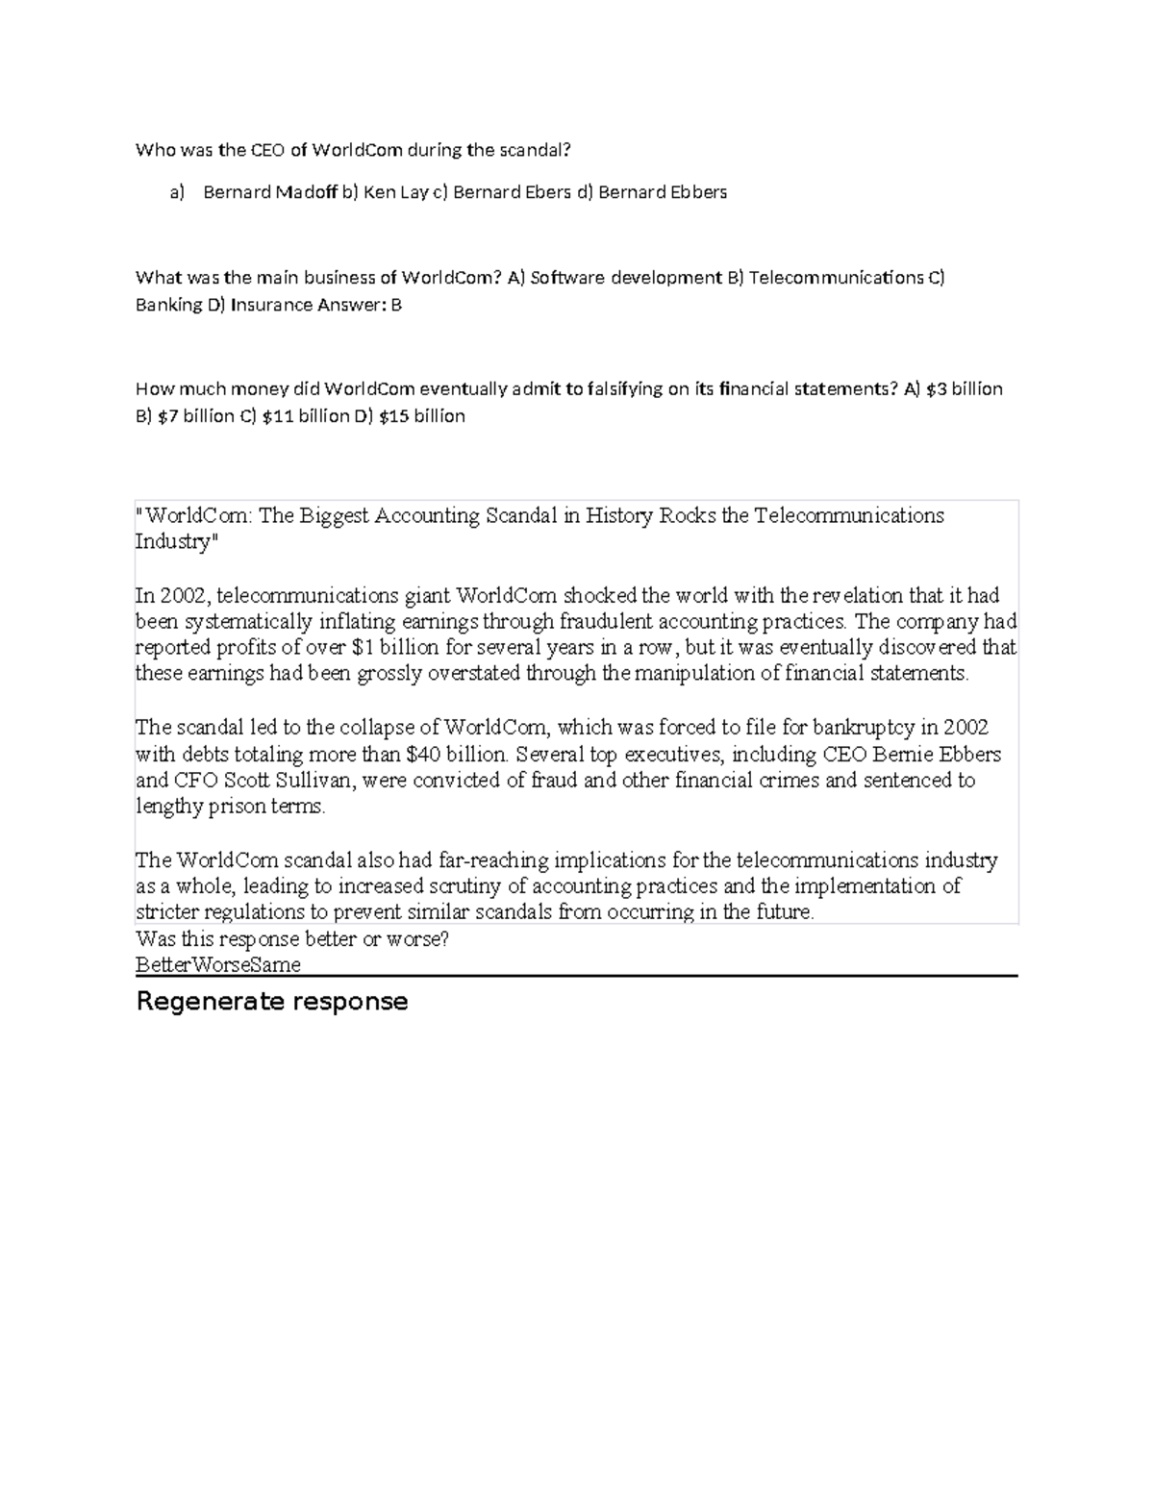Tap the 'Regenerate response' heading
tap(272, 1002)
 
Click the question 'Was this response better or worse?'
tap(292, 939)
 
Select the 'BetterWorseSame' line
tap(218, 964)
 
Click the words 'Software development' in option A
tap(626, 278)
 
